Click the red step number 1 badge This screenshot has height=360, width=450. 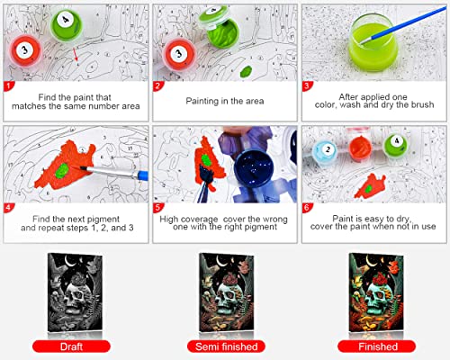click(x=9, y=87)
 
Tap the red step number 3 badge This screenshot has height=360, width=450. click(x=307, y=87)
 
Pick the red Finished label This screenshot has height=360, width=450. click(x=377, y=345)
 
